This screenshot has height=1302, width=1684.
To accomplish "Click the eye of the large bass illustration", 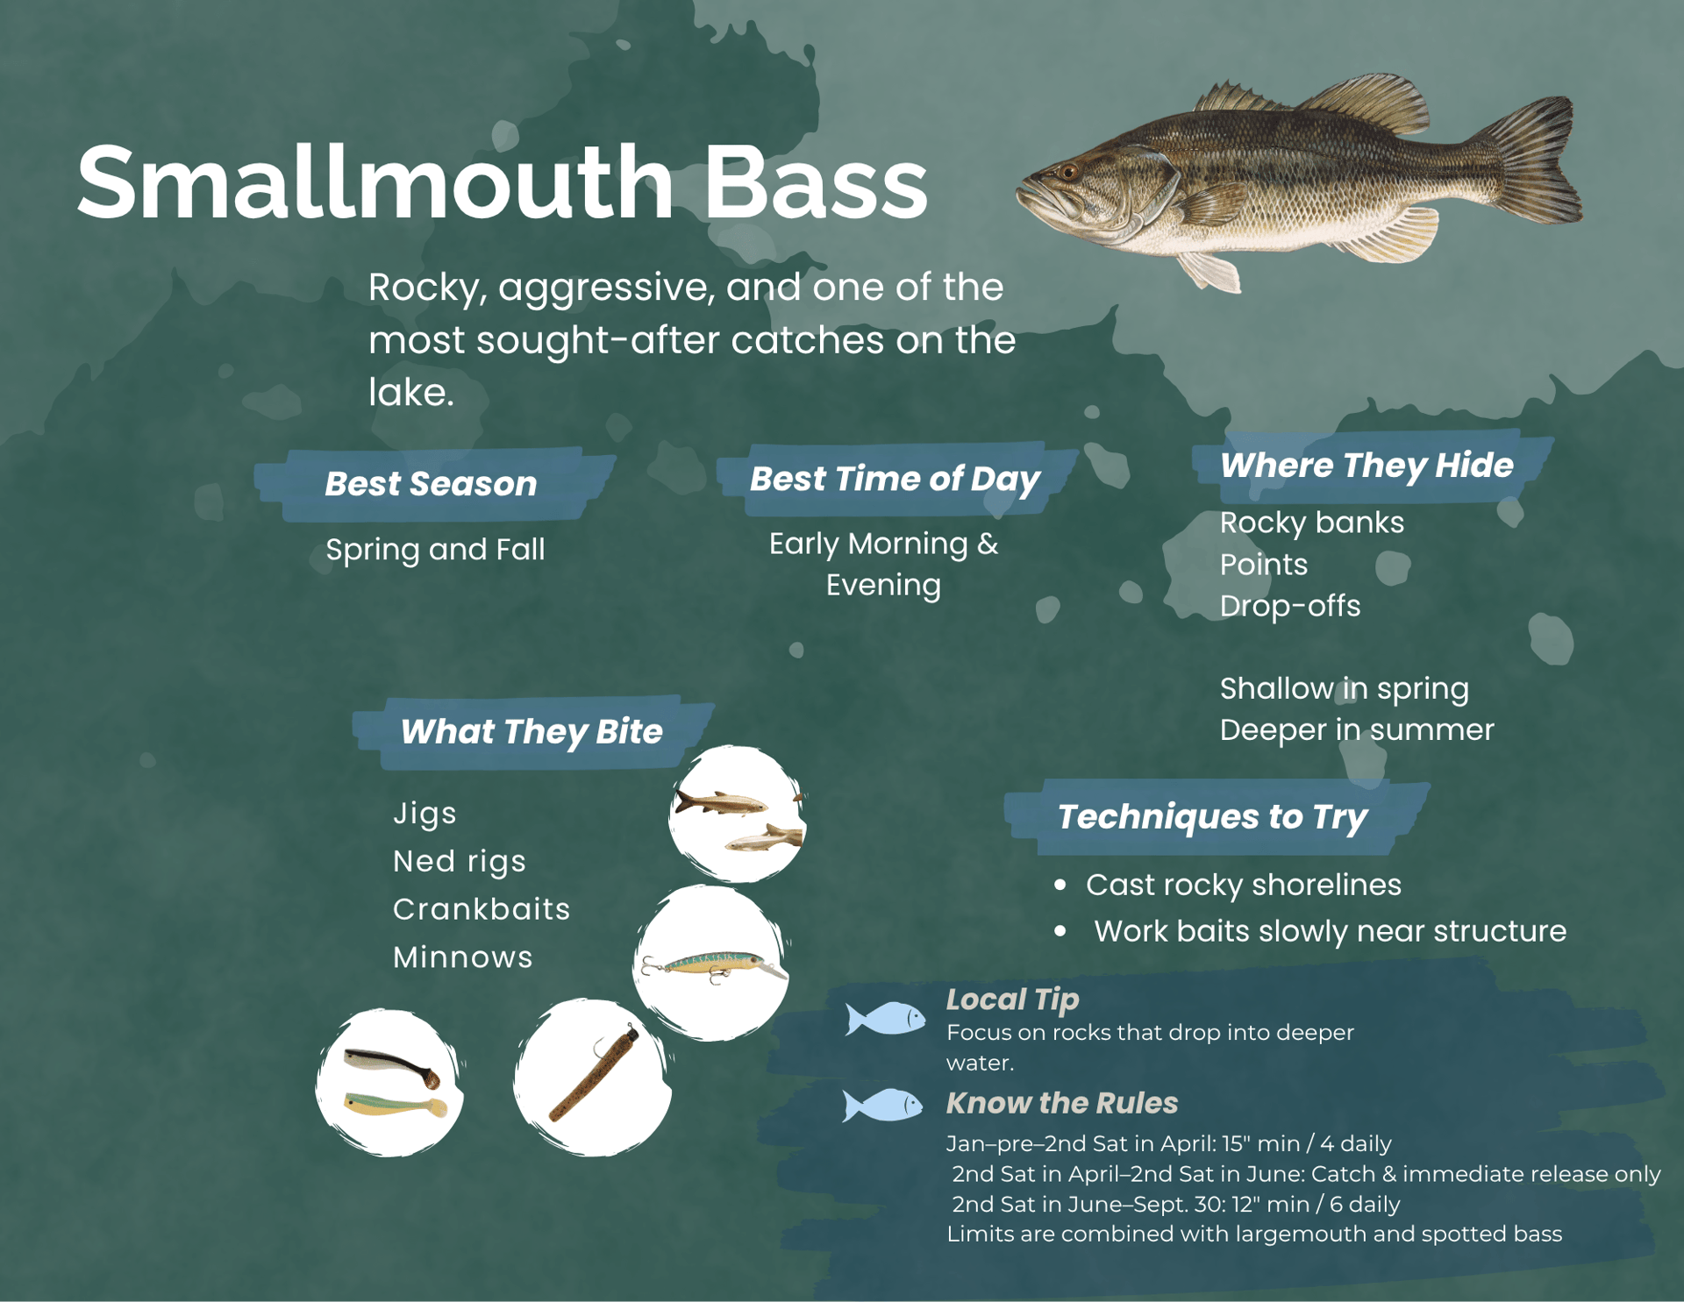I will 1067,172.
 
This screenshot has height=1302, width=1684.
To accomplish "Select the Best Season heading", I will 431,484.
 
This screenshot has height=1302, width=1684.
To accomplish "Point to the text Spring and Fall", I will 435,550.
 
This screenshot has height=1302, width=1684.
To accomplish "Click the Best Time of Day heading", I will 895,479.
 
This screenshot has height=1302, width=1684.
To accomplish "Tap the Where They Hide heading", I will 1366,466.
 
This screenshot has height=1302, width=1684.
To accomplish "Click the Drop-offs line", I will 1289,606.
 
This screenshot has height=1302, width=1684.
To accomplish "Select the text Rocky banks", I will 1311,523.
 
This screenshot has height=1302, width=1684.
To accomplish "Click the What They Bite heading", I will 531,731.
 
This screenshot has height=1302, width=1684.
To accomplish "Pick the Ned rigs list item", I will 459,861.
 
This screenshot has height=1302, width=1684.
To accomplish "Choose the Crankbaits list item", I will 481,909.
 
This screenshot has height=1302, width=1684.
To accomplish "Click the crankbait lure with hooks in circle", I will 712,966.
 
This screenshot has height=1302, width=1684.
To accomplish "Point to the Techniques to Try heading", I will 1212,816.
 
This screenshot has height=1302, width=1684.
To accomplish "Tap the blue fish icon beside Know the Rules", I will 883,1105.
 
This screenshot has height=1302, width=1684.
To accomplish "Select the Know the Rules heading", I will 1061,1103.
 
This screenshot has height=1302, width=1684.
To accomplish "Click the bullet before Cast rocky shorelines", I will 1060,886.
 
